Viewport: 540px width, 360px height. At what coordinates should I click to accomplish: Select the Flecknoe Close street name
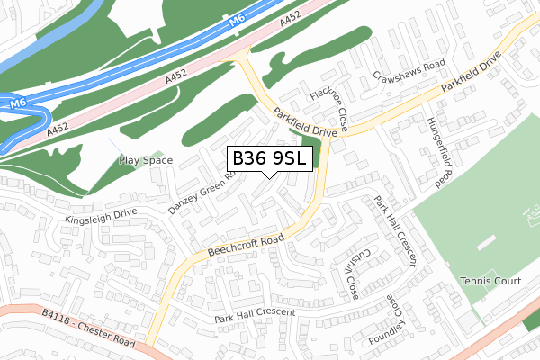tap(329, 105)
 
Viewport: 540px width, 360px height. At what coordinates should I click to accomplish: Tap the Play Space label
tap(145, 160)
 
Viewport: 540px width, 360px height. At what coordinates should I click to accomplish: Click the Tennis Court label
tap(490, 282)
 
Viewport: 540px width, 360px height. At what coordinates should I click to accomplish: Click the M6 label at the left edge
tap(17, 105)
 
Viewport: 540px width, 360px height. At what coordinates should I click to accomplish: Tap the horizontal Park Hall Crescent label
tap(255, 315)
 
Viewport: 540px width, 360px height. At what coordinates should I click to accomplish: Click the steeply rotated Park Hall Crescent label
tap(396, 231)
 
